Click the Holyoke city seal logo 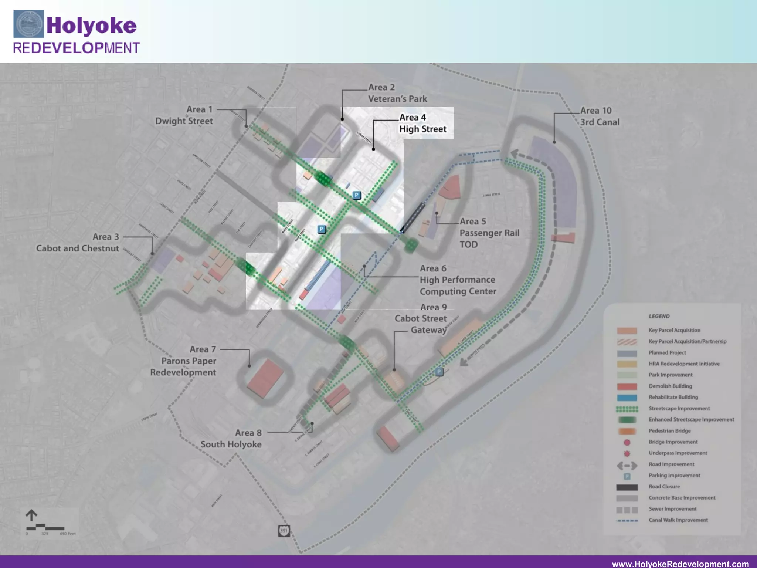pos(29,24)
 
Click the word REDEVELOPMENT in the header pos(76,48)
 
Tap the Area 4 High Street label pos(422,123)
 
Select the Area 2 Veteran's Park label pos(397,93)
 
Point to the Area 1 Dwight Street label pos(184,115)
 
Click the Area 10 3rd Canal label pos(600,116)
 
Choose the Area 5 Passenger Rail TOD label pos(489,233)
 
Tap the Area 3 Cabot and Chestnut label pos(78,243)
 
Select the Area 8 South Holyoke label pos(231,439)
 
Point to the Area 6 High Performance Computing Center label pos(458,280)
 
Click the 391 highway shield pos(284,531)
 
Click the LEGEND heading pos(659,316)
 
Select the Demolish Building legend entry pos(670,386)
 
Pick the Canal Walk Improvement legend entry pos(678,520)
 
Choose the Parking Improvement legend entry pos(674,475)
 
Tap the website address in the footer pos(680,564)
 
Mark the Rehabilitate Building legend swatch pos(627,398)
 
